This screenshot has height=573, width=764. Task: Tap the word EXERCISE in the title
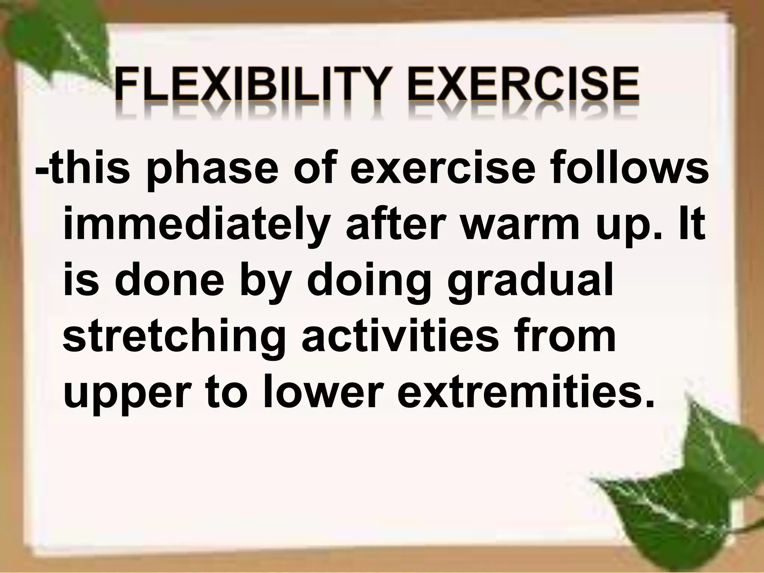click(522, 88)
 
